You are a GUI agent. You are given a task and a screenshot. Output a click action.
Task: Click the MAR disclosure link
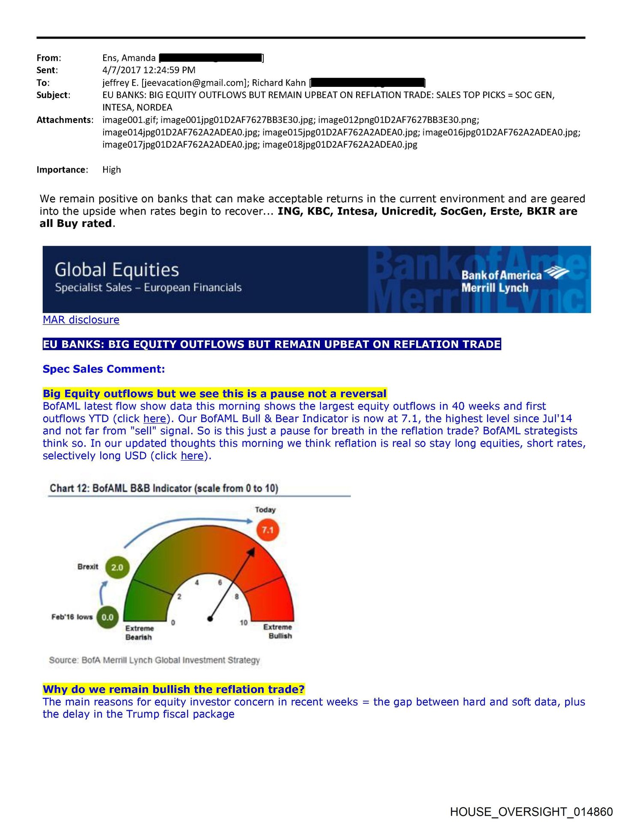pos(81,320)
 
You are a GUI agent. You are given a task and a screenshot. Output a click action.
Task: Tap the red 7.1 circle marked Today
pos(268,530)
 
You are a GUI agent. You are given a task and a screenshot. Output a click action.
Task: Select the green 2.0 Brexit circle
pos(117,567)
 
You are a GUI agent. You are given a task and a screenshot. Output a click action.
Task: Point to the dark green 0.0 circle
pos(107,617)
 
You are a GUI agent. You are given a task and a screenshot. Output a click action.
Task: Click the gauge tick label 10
pos(244,622)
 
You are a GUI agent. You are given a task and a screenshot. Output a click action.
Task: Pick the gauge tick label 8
pos(237,596)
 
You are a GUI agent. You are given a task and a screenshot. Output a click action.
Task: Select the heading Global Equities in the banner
pos(117,270)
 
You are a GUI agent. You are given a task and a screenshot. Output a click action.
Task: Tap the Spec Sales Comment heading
pos(104,369)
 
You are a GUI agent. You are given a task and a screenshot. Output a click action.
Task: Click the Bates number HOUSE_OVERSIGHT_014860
pos(531,812)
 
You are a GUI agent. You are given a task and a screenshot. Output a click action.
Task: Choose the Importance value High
pos(111,170)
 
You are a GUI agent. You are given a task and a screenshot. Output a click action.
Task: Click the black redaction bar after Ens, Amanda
pos(211,58)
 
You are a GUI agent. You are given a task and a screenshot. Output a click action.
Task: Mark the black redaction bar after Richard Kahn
pos(367,83)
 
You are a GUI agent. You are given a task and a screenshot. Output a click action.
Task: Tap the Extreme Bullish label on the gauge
pos(279,631)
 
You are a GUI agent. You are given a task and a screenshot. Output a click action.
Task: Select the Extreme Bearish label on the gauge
pos(139,633)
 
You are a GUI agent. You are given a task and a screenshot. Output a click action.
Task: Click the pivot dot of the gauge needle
pos(210,619)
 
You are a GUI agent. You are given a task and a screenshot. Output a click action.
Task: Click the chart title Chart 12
pos(164,488)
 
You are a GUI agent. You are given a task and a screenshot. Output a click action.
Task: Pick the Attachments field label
pos(64,120)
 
